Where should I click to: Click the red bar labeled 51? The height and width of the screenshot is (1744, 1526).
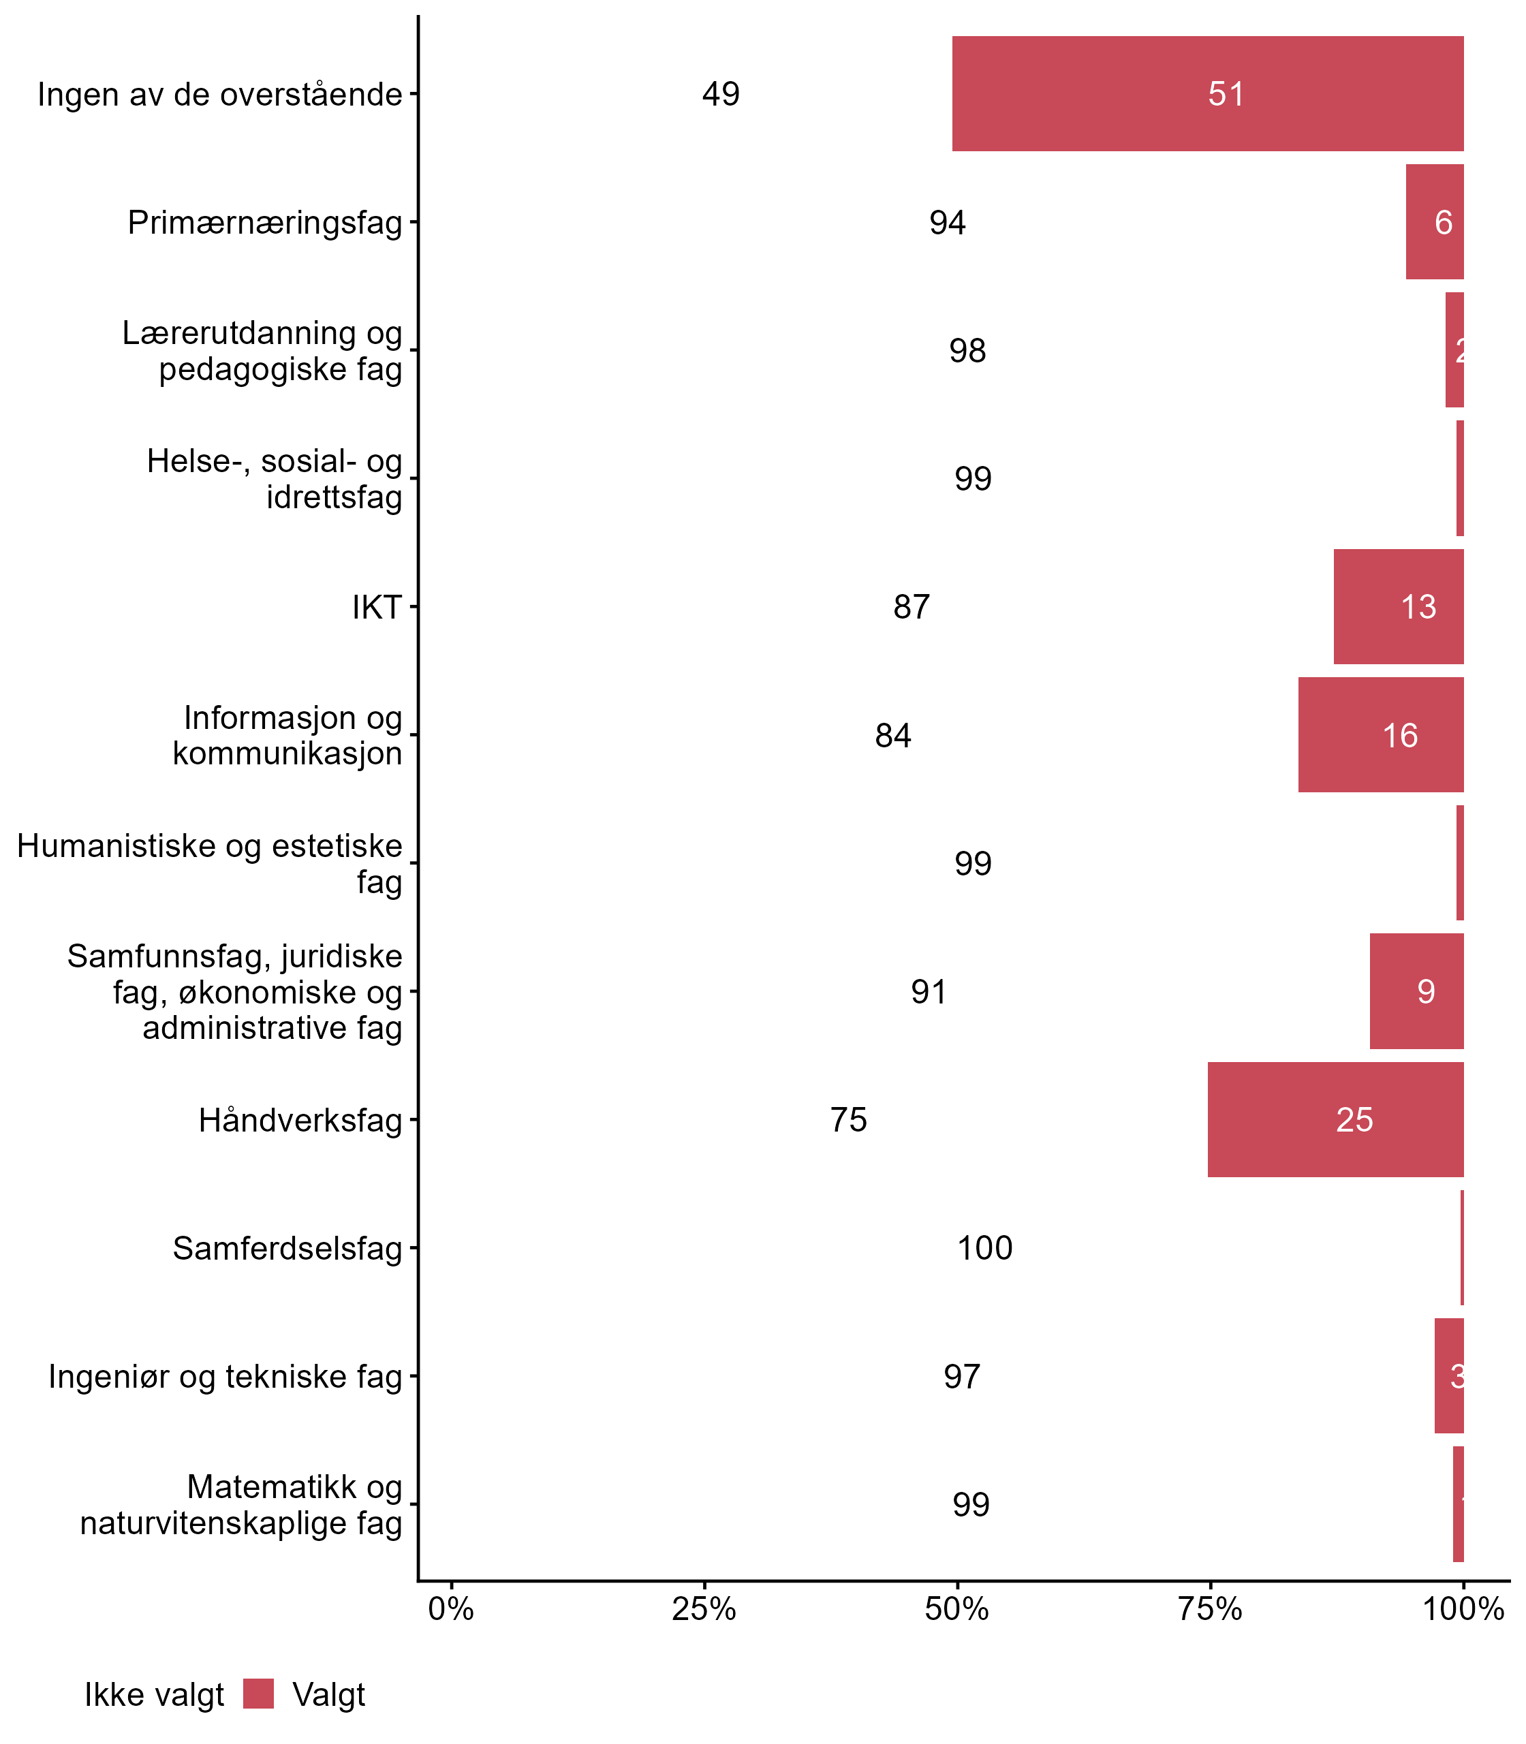point(1207,94)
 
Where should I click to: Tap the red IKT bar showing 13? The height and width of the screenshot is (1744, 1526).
point(1398,606)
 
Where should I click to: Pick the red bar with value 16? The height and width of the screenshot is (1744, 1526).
point(1380,735)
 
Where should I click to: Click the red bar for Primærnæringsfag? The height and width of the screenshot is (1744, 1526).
point(1434,222)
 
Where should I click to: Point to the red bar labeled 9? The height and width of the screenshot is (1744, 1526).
point(1416,991)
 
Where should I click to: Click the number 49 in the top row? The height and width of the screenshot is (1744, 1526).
point(721,94)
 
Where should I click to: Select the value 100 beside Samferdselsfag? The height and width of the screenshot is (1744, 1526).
point(984,1247)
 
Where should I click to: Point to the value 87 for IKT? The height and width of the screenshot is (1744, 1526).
point(912,606)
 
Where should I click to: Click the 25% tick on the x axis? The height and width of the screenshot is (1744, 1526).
point(703,1608)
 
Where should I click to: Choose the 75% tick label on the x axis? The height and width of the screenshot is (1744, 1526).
point(1210,1608)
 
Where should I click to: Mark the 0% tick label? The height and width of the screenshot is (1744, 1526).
point(450,1608)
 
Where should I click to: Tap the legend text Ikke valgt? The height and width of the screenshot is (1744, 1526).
point(154,1695)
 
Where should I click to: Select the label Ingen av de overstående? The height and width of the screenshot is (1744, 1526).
point(219,95)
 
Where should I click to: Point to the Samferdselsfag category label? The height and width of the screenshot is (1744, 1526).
point(287,1248)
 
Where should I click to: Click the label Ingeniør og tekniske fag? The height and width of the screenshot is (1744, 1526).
point(225,1376)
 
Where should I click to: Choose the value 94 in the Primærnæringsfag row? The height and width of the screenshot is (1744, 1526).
point(947,222)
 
